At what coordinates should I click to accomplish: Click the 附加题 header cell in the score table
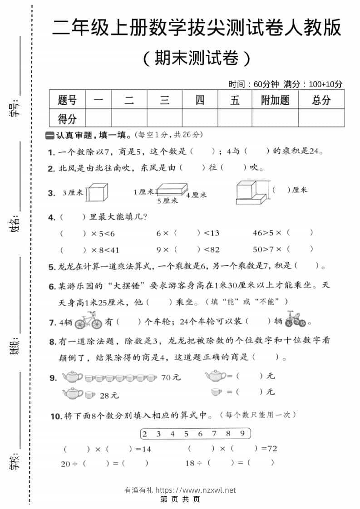point(275,100)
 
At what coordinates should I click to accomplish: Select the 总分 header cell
point(321,100)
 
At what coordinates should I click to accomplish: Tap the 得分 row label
point(67,119)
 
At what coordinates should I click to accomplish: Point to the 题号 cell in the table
point(67,100)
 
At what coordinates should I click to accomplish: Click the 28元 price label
point(109,396)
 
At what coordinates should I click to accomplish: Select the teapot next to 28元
point(73,393)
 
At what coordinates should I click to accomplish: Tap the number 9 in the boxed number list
point(242,433)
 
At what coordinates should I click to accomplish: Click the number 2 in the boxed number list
point(145,433)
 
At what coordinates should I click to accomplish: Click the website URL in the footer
point(196,490)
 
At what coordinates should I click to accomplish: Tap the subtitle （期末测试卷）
point(196,58)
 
